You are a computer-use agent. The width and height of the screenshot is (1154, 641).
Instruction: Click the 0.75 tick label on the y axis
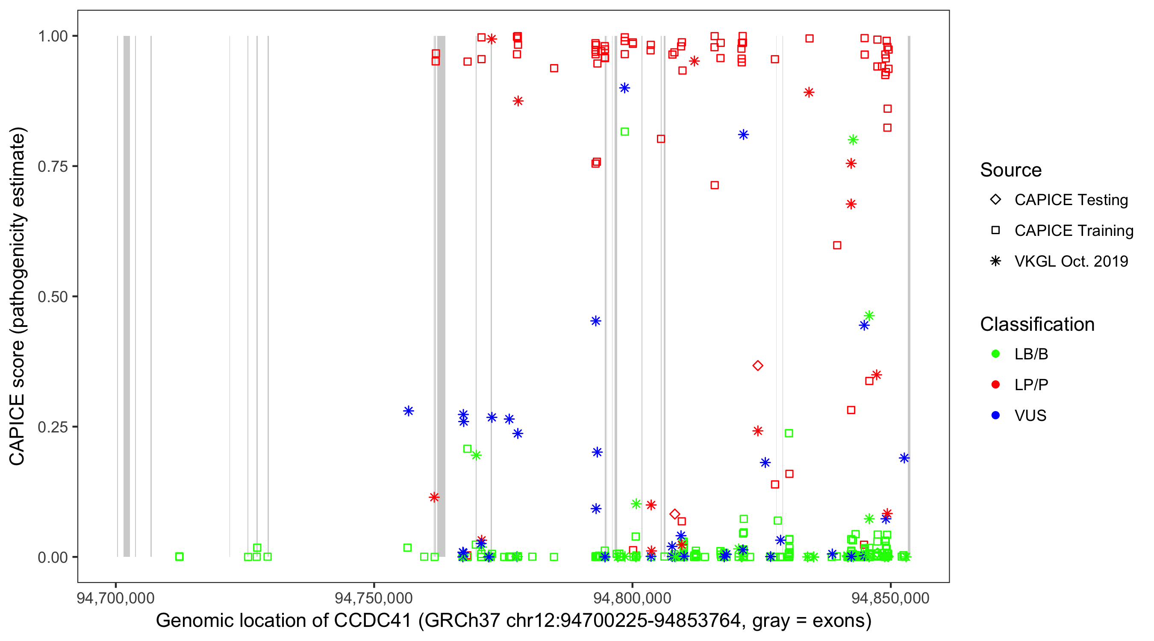click(52, 167)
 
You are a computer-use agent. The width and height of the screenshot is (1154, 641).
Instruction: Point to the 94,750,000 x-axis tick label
click(374, 598)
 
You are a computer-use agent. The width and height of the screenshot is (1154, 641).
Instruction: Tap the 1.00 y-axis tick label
click(52, 36)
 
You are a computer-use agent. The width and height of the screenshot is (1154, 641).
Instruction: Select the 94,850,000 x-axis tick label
click(890, 598)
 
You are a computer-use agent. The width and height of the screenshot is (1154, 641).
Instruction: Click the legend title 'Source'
click(1011, 170)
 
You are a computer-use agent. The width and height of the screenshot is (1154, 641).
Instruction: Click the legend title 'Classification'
click(1037, 324)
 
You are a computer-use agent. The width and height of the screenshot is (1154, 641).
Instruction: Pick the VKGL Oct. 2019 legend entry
click(1071, 262)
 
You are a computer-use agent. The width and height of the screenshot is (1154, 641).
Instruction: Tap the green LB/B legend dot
click(995, 354)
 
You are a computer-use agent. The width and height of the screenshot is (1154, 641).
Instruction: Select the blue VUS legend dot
click(995, 416)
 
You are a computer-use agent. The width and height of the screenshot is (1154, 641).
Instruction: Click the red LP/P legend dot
click(995, 385)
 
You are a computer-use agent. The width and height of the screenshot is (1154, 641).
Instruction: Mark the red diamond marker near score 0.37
click(757, 365)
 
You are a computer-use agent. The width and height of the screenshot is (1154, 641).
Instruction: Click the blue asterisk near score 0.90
click(624, 88)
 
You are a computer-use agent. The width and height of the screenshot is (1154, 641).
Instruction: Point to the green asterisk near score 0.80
click(853, 140)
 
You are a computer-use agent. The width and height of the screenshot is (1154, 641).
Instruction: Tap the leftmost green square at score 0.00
click(179, 556)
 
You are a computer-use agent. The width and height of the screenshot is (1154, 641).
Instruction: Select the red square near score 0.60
click(837, 245)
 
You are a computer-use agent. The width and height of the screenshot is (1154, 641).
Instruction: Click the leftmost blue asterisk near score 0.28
click(408, 411)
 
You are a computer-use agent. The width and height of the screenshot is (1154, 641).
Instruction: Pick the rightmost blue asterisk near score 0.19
click(904, 458)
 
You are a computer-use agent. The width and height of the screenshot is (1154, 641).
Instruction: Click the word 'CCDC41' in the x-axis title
click(373, 621)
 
